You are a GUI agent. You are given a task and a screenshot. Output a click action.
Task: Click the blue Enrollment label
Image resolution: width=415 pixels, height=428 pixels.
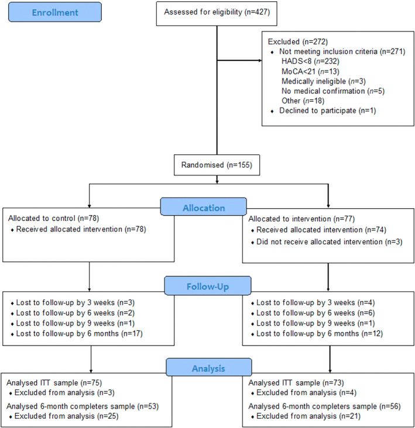point(55,12)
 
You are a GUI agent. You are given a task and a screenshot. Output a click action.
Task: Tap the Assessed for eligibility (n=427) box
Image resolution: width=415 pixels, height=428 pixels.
point(217,13)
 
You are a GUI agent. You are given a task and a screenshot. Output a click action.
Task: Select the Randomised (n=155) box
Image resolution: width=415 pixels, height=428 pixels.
point(217,165)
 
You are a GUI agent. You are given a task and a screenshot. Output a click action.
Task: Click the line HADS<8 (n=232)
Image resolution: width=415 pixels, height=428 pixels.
point(310,61)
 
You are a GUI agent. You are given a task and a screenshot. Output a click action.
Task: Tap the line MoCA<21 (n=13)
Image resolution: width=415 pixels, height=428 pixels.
point(310,71)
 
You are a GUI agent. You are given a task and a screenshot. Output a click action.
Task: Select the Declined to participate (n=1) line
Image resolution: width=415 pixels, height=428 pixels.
point(328,111)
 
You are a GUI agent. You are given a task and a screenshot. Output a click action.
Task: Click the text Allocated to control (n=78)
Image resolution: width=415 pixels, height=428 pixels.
point(53,218)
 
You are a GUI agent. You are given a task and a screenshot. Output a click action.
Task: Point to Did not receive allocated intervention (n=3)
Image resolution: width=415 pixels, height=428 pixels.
point(329,242)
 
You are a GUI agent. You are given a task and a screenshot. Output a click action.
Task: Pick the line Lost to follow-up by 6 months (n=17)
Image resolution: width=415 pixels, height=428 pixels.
point(79,333)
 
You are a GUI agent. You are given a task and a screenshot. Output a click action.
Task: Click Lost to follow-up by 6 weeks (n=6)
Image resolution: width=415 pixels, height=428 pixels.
point(315,313)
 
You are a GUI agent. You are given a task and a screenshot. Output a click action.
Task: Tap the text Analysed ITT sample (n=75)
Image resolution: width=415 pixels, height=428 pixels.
point(54,383)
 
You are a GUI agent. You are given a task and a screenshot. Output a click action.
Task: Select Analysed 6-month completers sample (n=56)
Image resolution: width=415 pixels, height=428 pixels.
point(325,406)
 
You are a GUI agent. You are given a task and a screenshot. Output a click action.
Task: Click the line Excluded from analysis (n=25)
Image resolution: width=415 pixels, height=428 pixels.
point(66,416)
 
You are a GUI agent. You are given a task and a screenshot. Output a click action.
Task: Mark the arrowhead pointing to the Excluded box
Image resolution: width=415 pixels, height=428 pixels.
point(260,60)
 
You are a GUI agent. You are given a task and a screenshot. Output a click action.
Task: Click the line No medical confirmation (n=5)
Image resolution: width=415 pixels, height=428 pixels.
point(333,91)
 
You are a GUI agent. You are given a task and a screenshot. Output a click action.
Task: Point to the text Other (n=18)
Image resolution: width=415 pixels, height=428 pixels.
point(303,101)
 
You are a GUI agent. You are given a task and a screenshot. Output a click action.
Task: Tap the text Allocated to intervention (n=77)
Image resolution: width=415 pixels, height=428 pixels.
point(301,219)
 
